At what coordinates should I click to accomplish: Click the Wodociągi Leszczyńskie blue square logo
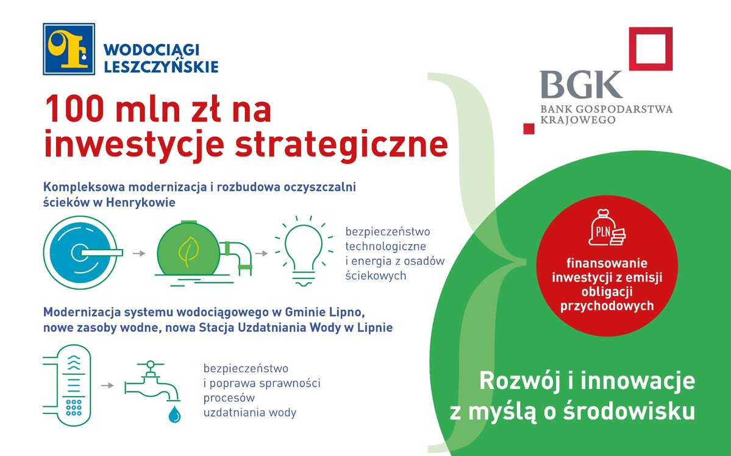click(69, 49)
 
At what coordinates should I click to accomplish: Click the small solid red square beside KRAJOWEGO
click(529, 128)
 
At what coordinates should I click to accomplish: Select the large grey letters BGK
click(581, 85)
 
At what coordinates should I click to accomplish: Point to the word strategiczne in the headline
click(341, 145)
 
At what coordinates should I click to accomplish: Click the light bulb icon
click(304, 251)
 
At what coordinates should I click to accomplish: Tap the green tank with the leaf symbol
click(188, 251)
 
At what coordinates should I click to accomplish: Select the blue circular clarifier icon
click(80, 253)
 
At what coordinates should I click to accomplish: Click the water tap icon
click(152, 382)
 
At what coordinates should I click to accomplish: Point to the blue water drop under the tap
click(174, 413)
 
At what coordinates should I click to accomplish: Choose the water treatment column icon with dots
click(74, 385)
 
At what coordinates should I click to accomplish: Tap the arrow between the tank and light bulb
click(262, 254)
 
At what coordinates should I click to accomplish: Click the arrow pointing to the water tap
click(107, 385)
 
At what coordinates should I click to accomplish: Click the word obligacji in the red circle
click(607, 292)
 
